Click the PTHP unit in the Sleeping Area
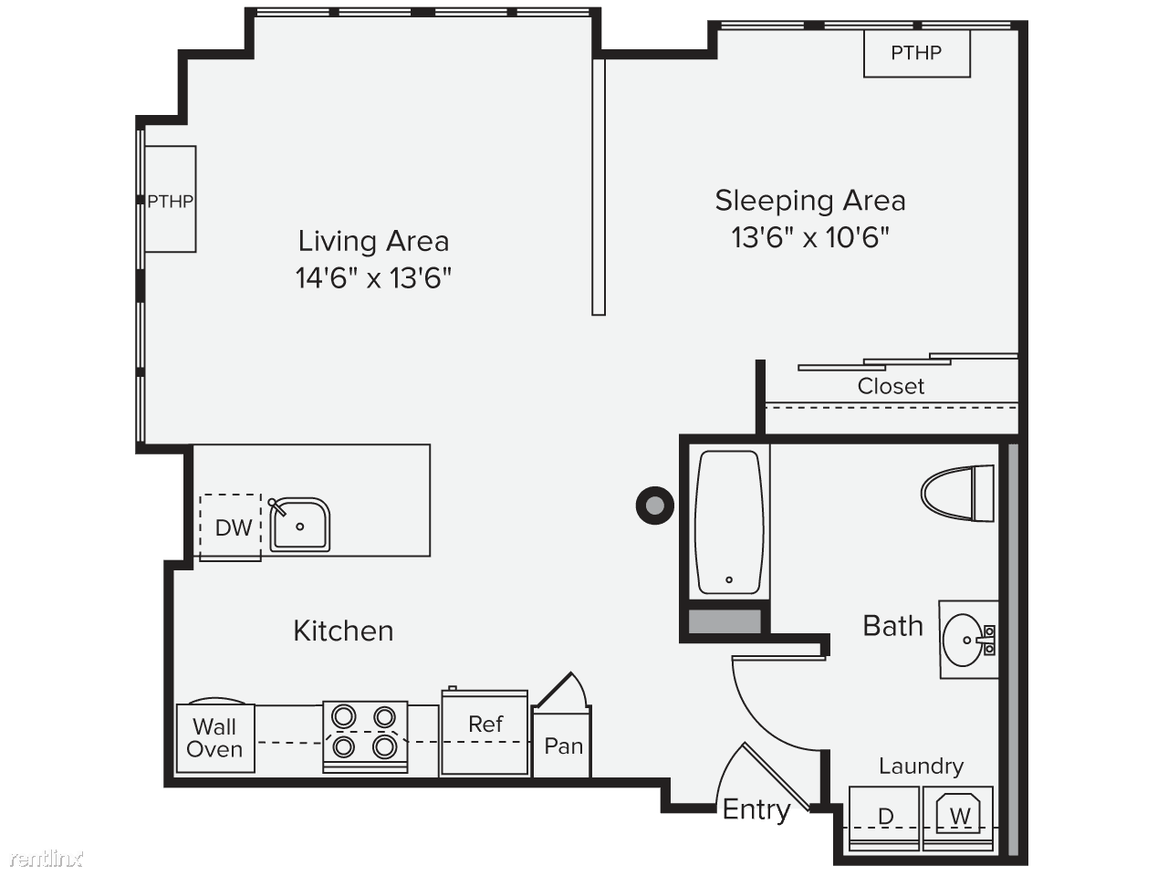tap(916, 54)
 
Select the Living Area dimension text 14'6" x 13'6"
tap(373, 278)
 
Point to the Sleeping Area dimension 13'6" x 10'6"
tap(810, 237)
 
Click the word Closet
tap(891, 386)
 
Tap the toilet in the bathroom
tap(957, 493)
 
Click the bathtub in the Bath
tap(729, 522)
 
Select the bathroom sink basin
tap(963, 640)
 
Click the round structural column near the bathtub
tap(655, 506)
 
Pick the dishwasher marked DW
tap(231, 527)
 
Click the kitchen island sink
tap(299, 525)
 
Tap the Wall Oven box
tap(215, 738)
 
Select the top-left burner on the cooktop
tap(343, 716)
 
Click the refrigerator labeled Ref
tap(485, 732)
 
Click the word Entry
tap(756, 810)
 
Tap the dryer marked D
tap(884, 818)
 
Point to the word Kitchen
tap(343, 631)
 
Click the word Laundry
tap(921, 767)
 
